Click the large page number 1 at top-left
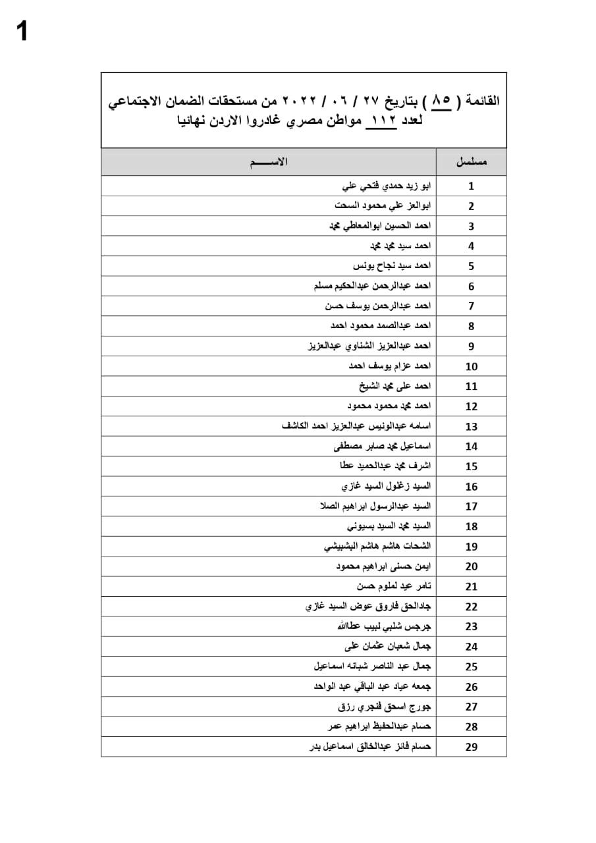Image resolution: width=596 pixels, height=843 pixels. (22, 32)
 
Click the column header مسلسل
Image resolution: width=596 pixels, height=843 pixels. (472, 162)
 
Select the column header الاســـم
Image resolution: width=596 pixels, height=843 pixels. (269, 162)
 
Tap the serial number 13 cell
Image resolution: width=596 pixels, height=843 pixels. (472, 426)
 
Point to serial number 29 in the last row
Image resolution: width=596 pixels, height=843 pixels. (472, 747)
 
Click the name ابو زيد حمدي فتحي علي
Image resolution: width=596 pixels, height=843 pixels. (384, 186)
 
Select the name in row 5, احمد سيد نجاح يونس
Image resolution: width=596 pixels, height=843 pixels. (392, 266)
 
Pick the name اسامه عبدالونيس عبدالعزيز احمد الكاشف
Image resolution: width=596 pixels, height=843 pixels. (356, 426)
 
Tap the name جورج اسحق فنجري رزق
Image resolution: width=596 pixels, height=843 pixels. (385, 707)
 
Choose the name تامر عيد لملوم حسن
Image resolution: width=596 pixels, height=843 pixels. (394, 586)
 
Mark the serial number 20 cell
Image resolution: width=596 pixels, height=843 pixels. (472, 566)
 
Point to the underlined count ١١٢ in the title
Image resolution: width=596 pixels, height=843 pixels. (383, 121)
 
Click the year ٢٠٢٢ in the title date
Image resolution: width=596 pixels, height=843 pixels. (298, 101)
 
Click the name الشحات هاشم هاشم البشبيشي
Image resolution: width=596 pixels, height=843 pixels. (377, 546)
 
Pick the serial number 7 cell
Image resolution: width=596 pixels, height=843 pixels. (472, 306)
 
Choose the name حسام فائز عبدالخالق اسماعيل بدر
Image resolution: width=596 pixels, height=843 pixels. (370, 747)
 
